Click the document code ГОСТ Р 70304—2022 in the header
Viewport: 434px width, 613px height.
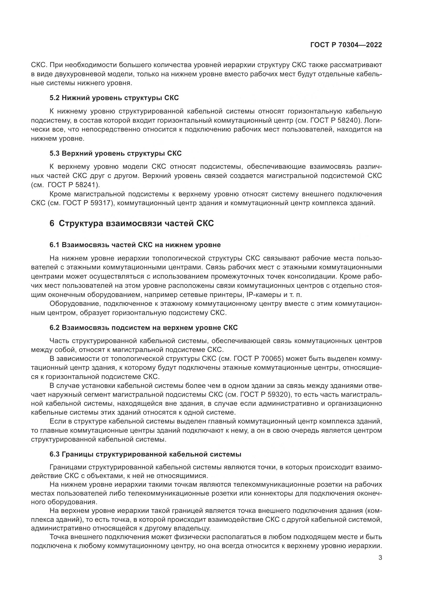[346, 45]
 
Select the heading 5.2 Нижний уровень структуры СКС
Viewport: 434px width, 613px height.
[114, 98]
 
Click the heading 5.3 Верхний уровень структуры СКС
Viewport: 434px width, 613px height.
[115, 154]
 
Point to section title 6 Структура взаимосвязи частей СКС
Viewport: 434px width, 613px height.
[132, 224]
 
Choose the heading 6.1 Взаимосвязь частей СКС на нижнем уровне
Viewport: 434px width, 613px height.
[135, 245]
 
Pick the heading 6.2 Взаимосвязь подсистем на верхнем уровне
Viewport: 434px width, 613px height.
[144, 328]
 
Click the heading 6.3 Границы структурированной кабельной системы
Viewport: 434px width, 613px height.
[145, 454]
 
